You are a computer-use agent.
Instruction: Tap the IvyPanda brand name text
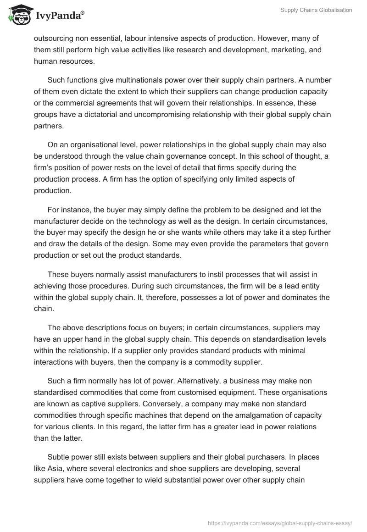coord(60,16)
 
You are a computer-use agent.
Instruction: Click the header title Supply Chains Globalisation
coord(316,10)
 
